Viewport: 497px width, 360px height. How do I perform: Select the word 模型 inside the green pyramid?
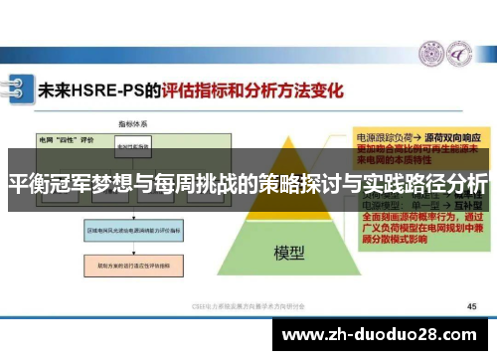[x=288, y=253]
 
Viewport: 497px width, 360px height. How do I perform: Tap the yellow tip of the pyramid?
[x=288, y=139]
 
